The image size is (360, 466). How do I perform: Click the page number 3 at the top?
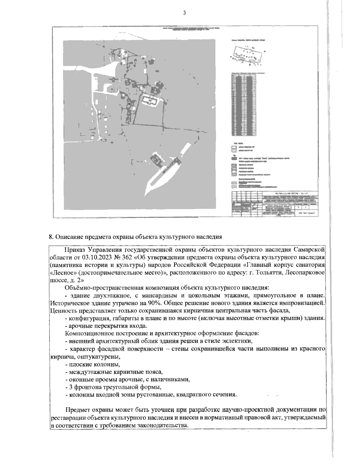click(x=184, y=13)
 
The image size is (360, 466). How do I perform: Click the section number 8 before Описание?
click(x=50, y=236)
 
